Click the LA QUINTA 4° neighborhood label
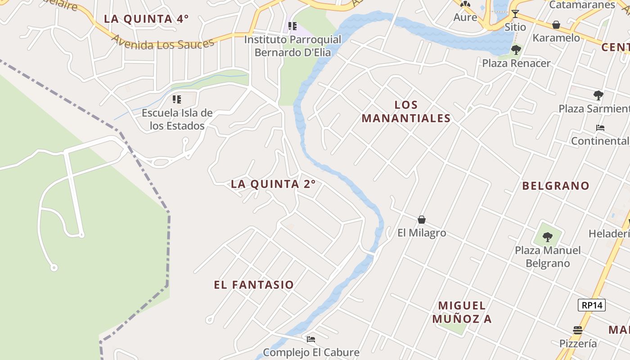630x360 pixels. tap(146, 19)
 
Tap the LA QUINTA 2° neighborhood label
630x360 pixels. tap(273, 184)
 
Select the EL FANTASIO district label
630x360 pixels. tap(254, 285)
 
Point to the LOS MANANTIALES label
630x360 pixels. tap(406, 112)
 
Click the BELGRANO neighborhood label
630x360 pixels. tap(556, 186)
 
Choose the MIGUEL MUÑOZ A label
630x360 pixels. tap(462, 312)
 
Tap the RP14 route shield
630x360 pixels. tap(592, 305)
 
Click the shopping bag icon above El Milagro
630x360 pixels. tap(422, 220)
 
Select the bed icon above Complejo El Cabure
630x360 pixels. tap(311, 339)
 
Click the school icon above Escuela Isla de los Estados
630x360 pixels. tap(177, 99)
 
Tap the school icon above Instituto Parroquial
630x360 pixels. tap(292, 26)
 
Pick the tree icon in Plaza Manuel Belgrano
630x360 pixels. tap(548, 237)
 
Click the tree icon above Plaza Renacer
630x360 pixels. tap(516, 50)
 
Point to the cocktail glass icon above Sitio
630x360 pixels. tap(515, 14)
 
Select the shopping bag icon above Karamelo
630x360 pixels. tap(556, 24)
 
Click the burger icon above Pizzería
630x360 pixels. tap(578, 330)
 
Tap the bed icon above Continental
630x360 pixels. tap(600, 128)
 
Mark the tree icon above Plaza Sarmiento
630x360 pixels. tap(598, 95)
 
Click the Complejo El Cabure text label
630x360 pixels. tap(311, 352)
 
